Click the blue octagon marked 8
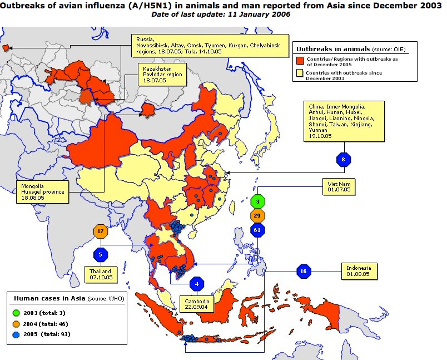point(344,160)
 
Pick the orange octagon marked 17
point(101,231)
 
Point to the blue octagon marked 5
point(101,255)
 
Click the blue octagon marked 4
point(197,284)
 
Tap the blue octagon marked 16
point(303,271)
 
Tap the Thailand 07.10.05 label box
point(101,274)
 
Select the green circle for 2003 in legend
point(17,312)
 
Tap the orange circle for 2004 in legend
point(17,323)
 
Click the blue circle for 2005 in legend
point(17,334)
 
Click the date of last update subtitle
point(221,14)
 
